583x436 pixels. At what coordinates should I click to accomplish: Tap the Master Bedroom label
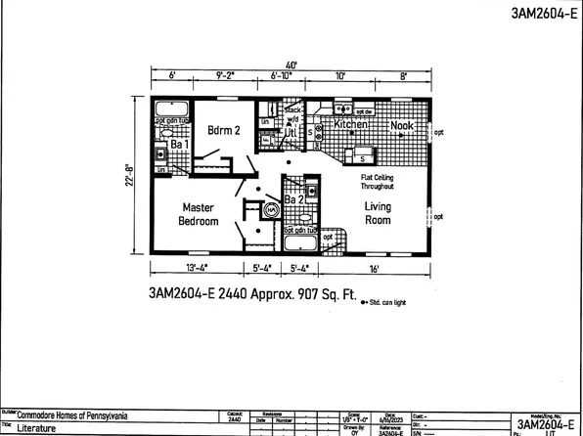point(198,214)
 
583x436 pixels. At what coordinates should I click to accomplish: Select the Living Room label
point(378,213)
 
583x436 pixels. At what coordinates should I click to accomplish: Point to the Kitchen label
point(350,126)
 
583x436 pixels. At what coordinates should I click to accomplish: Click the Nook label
point(403,126)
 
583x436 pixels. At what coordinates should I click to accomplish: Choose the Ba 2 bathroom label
point(294,199)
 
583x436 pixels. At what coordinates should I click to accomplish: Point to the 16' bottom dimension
point(375,269)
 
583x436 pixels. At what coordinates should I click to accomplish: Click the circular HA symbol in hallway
point(271,208)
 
